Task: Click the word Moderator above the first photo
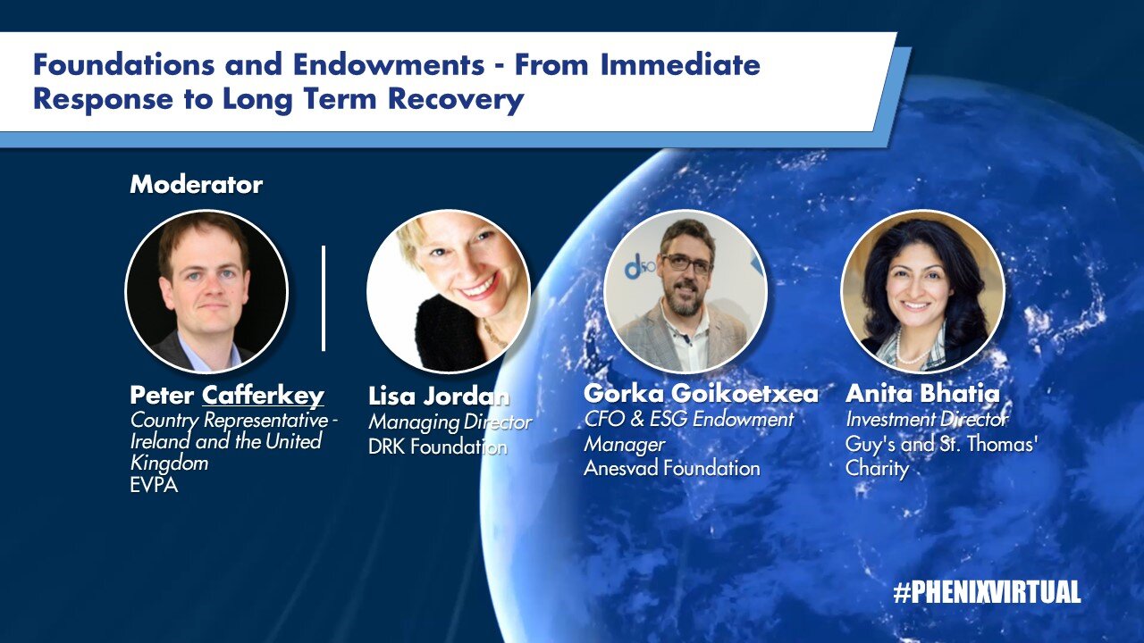click(196, 185)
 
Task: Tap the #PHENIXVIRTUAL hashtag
click(987, 592)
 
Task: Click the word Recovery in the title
click(456, 99)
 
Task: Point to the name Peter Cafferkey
click(227, 395)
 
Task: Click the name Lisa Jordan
click(439, 396)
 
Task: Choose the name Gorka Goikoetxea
click(701, 393)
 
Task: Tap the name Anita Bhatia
click(922, 393)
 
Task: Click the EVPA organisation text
click(154, 485)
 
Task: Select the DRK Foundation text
click(438, 447)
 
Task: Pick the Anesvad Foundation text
click(671, 468)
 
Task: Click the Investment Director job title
click(927, 420)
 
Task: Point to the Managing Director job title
click(450, 422)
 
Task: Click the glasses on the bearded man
click(687, 263)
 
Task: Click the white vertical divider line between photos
click(324, 298)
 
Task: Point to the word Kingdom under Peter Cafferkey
click(170, 463)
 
